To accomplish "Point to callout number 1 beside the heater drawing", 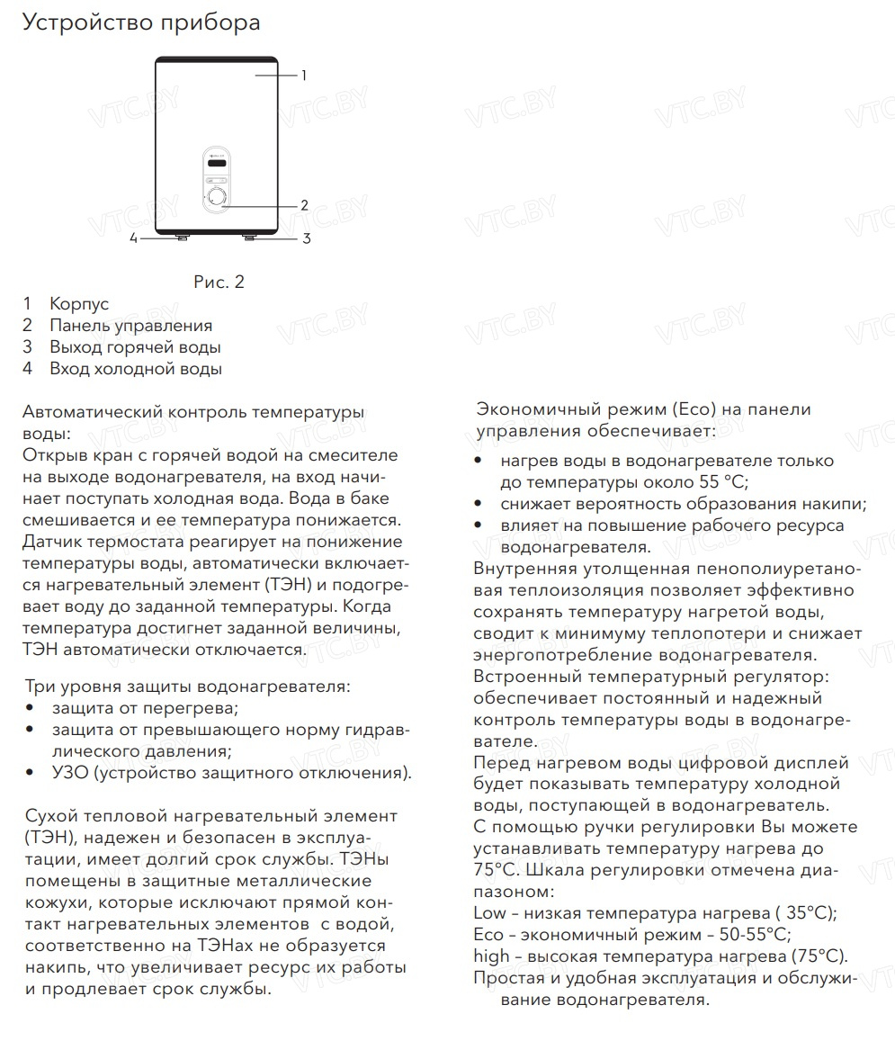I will [x=304, y=76].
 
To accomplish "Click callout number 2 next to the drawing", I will [x=304, y=205].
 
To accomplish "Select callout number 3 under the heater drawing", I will [x=306, y=238].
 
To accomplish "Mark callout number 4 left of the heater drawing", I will [x=133, y=238].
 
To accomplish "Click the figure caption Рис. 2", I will [x=219, y=283].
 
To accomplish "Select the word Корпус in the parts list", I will [x=79, y=305].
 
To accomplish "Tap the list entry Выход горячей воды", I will [x=135, y=347].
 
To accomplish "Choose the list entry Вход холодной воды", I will [x=135, y=369].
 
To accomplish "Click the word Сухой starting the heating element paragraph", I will [x=51, y=816].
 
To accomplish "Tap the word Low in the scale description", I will [x=490, y=913].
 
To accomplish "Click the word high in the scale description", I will [x=492, y=956].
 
